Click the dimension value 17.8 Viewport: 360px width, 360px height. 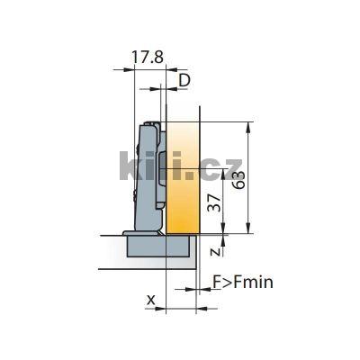(148, 56)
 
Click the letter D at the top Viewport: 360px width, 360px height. (184, 81)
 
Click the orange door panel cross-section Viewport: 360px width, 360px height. (182, 180)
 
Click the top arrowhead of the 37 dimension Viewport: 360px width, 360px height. (225, 171)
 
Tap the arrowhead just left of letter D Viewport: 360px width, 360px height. (163, 89)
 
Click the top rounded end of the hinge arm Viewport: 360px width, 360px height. (150, 125)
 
